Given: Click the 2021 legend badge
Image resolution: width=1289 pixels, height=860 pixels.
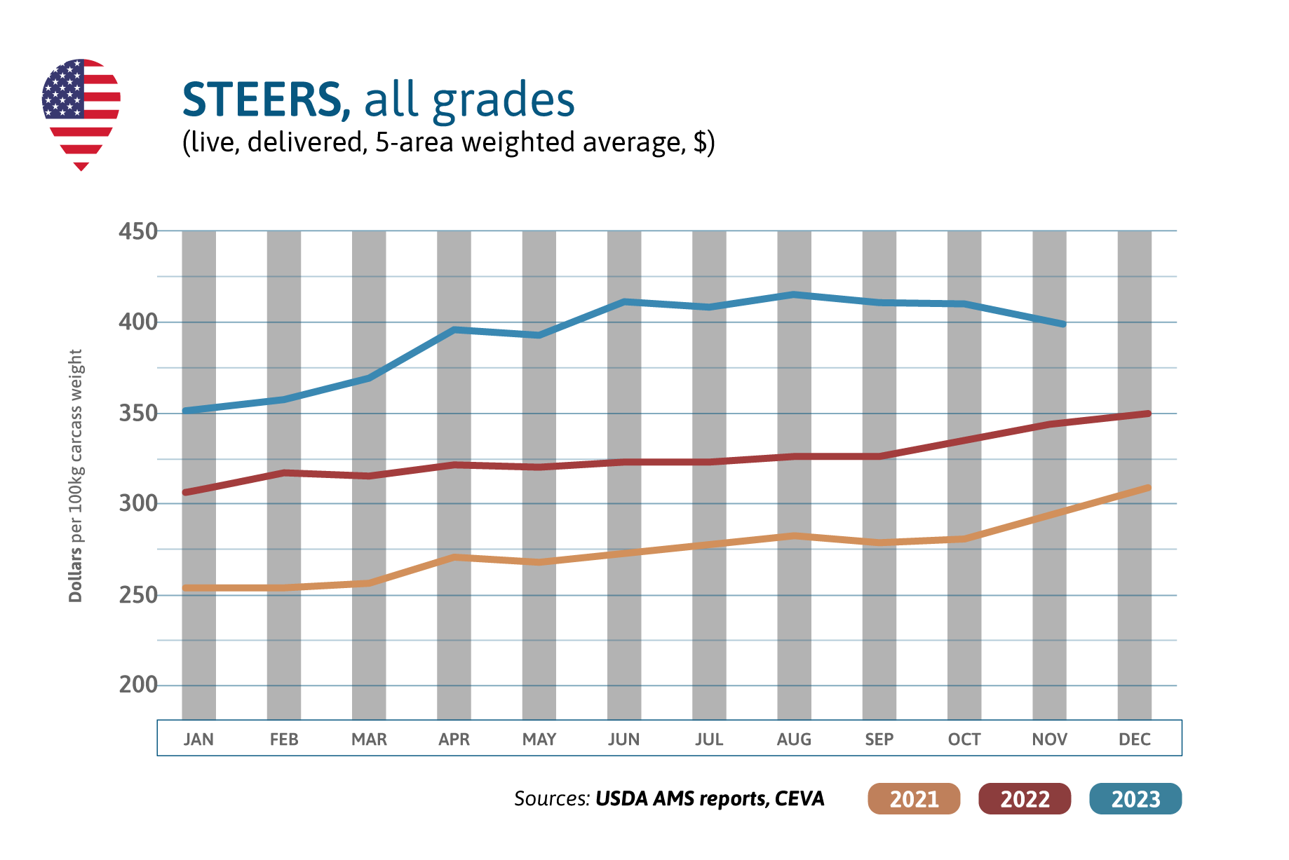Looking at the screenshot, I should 913,799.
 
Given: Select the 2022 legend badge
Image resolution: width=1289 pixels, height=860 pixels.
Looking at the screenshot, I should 1024,799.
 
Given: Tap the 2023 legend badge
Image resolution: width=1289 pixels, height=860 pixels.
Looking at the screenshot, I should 1135,799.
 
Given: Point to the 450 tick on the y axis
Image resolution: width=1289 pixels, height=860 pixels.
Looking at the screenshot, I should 137,231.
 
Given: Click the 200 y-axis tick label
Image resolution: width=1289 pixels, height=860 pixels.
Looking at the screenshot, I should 137,685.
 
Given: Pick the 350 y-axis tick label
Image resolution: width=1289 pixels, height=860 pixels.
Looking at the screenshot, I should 137,414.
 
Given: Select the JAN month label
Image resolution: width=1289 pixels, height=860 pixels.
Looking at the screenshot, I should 198,739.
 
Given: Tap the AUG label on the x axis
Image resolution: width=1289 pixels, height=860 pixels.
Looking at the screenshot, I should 794,739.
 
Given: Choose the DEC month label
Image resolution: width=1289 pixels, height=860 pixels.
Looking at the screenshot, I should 1134,739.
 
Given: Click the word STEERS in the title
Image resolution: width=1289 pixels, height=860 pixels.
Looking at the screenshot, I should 262,100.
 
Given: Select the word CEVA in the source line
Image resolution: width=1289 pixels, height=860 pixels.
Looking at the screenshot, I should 799,799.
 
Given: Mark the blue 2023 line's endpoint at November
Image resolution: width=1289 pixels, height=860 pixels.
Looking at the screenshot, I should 1062,324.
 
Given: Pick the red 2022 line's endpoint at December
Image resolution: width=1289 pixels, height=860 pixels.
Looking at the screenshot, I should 1147,414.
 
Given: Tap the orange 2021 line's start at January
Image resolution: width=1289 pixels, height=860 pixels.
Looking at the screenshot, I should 187,588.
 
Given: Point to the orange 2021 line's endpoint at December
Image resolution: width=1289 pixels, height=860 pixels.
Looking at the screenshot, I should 1147,487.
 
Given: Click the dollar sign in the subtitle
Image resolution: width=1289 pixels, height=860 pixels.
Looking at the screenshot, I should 699,142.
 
